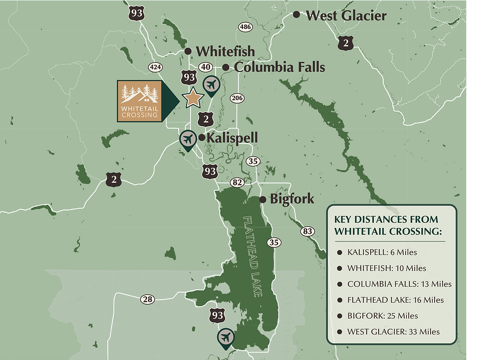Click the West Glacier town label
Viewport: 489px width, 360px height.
[x=346, y=15]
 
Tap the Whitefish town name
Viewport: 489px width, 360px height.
[x=225, y=51]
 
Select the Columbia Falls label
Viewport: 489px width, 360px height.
[x=279, y=67]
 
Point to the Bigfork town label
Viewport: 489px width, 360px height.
[x=292, y=199]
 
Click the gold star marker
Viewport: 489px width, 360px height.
[x=192, y=97]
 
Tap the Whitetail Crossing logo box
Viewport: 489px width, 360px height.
[x=140, y=101]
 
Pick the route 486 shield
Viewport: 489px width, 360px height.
[x=245, y=27]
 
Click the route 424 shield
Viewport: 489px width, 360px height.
[x=155, y=67]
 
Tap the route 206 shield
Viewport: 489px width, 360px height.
[x=237, y=98]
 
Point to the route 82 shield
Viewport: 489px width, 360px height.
[x=237, y=182]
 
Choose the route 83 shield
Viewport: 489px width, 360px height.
[x=307, y=231]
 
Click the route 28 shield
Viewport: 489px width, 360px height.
[x=147, y=299]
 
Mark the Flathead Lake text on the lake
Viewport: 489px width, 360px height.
[x=252, y=257]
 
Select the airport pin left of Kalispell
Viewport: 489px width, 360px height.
[x=188, y=139]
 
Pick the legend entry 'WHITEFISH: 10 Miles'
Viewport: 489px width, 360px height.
[x=387, y=268]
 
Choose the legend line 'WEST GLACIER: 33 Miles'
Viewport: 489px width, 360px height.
[x=393, y=332]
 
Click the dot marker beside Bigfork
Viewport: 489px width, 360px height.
[x=263, y=199]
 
